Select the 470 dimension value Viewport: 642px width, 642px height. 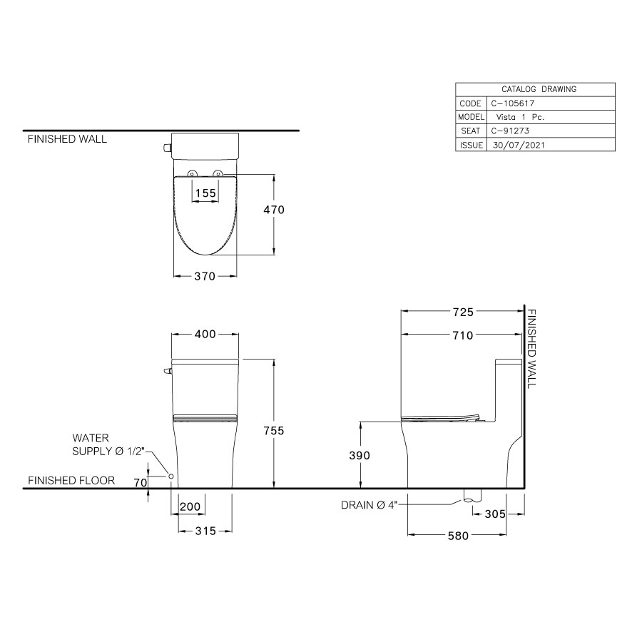click(274, 210)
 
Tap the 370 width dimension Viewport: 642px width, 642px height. click(205, 277)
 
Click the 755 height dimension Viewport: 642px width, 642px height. click(274, 430)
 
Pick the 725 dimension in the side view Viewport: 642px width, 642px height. click(462, 312)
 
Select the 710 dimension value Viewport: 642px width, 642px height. click(462, 335)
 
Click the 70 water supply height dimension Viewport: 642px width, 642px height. click(141, 483)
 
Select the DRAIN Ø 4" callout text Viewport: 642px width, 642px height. click(369, 506)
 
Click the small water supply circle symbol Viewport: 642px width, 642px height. click(171, 476)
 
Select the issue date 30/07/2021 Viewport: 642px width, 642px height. click(521, 145)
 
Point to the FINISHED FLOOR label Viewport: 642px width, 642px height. click(71, 481)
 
